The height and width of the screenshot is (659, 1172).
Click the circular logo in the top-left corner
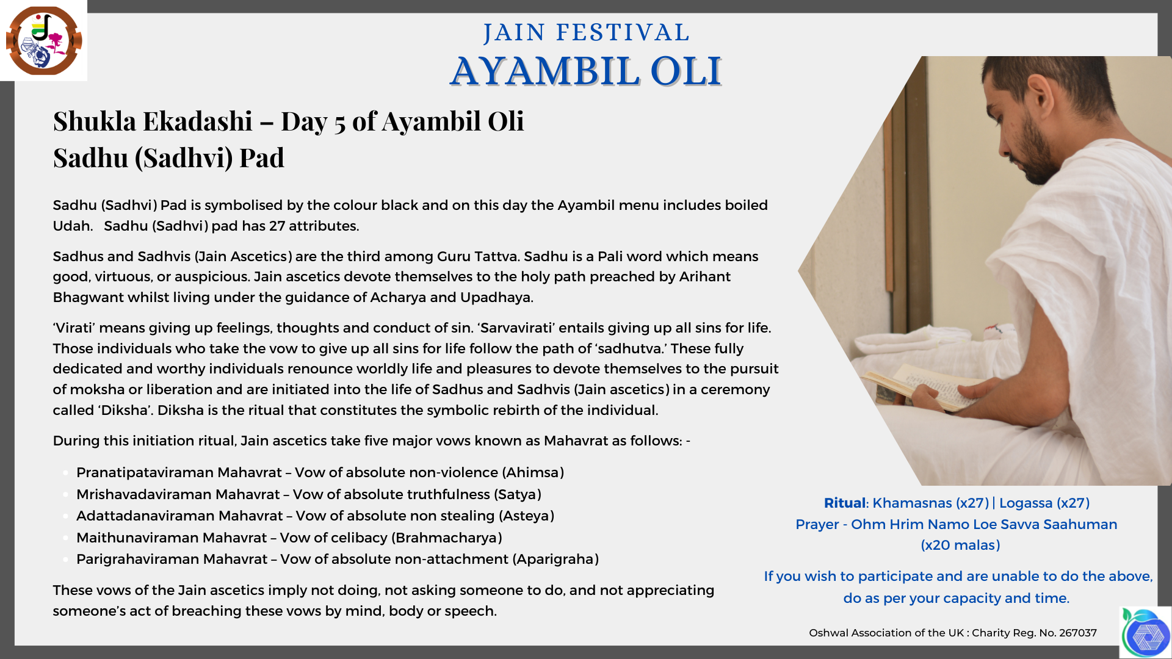click(43, 40)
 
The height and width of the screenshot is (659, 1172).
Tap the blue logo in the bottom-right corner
click(1147, 634)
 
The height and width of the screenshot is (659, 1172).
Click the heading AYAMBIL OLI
click(586, 71)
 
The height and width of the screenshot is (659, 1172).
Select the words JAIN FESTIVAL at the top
click(586, 32)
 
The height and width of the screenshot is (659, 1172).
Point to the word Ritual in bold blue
click(845, 503)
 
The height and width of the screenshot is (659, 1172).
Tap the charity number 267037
click(1077, 633)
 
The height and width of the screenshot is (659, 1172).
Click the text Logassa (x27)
click(1044, 503)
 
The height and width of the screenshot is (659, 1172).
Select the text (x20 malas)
click(960, 545)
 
